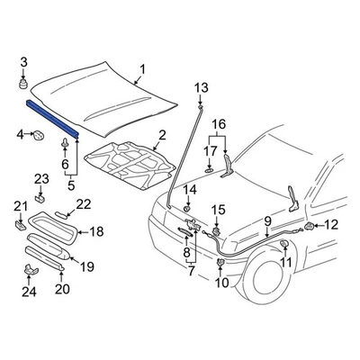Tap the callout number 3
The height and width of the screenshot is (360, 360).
(x=24, y=61)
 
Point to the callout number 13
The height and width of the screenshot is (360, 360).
(x=202, y=87)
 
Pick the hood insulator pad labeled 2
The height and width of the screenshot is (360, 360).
(x=130, y=164)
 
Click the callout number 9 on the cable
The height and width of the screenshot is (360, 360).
(x=267, y=220)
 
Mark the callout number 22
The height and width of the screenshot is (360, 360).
(x=83, y=203)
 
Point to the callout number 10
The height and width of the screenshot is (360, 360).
(x=220, y=283)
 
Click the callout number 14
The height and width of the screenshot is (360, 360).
(x=190, y=190)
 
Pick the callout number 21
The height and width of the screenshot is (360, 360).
(x=20, y=209)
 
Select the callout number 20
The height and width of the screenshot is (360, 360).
(x=62, y=289)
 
